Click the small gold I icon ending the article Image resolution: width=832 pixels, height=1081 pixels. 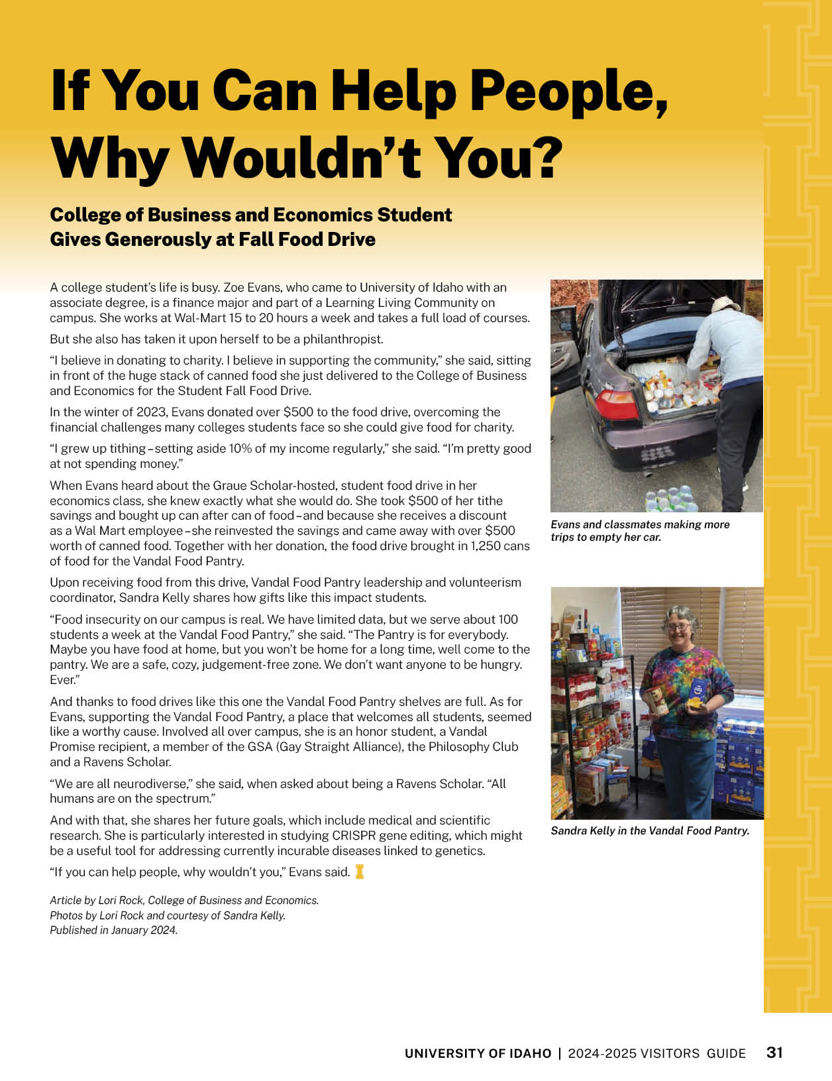coord(360,872)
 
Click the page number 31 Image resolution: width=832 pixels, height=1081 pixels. coord(774,1053)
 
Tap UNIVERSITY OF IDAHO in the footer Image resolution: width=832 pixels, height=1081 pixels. coord(478,1053)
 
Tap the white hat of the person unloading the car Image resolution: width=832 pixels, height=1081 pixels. coord(725,304)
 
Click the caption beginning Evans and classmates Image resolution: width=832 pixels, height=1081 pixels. coord(640,530)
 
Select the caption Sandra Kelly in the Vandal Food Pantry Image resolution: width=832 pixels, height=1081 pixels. coord(650,830)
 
